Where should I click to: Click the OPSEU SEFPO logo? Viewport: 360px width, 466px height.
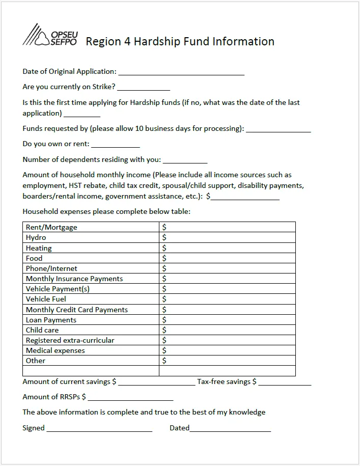(49, 36)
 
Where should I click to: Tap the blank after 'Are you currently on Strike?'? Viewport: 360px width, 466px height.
(144, 88)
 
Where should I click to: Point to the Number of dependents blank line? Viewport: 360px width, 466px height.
(185, 160)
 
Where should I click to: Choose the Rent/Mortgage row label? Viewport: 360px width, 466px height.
(51, 227)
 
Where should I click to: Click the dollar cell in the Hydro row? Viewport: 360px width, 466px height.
(227, 238)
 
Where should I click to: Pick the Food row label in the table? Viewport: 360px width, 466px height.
(34, 258)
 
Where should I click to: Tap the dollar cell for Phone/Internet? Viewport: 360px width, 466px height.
(227, 268)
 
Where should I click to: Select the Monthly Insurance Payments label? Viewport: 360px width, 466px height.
(74, 279)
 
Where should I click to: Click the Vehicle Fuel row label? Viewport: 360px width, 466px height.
(46, 299)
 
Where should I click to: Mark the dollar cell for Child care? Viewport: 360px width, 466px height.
(227, 330)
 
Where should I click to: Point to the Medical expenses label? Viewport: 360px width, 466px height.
(56, 350)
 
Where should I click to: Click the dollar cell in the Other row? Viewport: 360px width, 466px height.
(227, 361)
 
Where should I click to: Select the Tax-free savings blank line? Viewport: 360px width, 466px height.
(285, 382)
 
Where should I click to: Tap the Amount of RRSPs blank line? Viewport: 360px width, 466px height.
(130, 398)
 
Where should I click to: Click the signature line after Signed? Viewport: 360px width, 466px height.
(99, 429)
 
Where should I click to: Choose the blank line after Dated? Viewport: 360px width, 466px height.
(230, 429)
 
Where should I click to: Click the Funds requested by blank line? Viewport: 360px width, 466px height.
(279, 129)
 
